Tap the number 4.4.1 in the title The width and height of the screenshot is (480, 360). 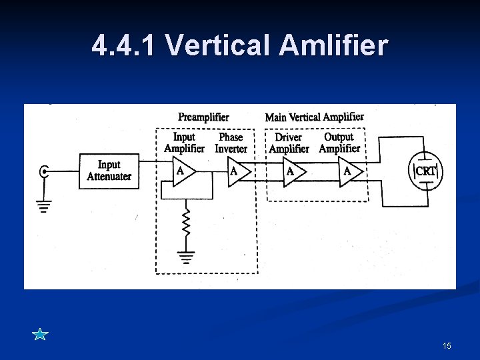[125, 45]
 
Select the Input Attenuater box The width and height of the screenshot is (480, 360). [109, 171]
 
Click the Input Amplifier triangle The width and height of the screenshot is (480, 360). [182, 171]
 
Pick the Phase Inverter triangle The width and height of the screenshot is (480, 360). [237, 171]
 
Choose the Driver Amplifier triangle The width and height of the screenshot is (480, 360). [293, 171]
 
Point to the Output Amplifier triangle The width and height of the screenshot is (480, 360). [350, 171]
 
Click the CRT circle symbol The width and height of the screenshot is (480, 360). [425, 171]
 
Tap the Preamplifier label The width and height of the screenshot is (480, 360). [203, 117]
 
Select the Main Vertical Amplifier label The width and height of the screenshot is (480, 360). [314, 117]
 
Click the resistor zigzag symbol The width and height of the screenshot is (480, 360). [187, 221]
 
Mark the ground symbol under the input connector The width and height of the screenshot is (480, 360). [44, 207]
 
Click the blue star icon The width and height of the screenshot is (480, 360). [40, 334]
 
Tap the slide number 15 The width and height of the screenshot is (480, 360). [447, 345]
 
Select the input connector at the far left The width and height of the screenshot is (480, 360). [44, 171]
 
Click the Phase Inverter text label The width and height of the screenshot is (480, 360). [231, 143]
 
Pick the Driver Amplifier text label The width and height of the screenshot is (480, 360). [289, 143]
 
